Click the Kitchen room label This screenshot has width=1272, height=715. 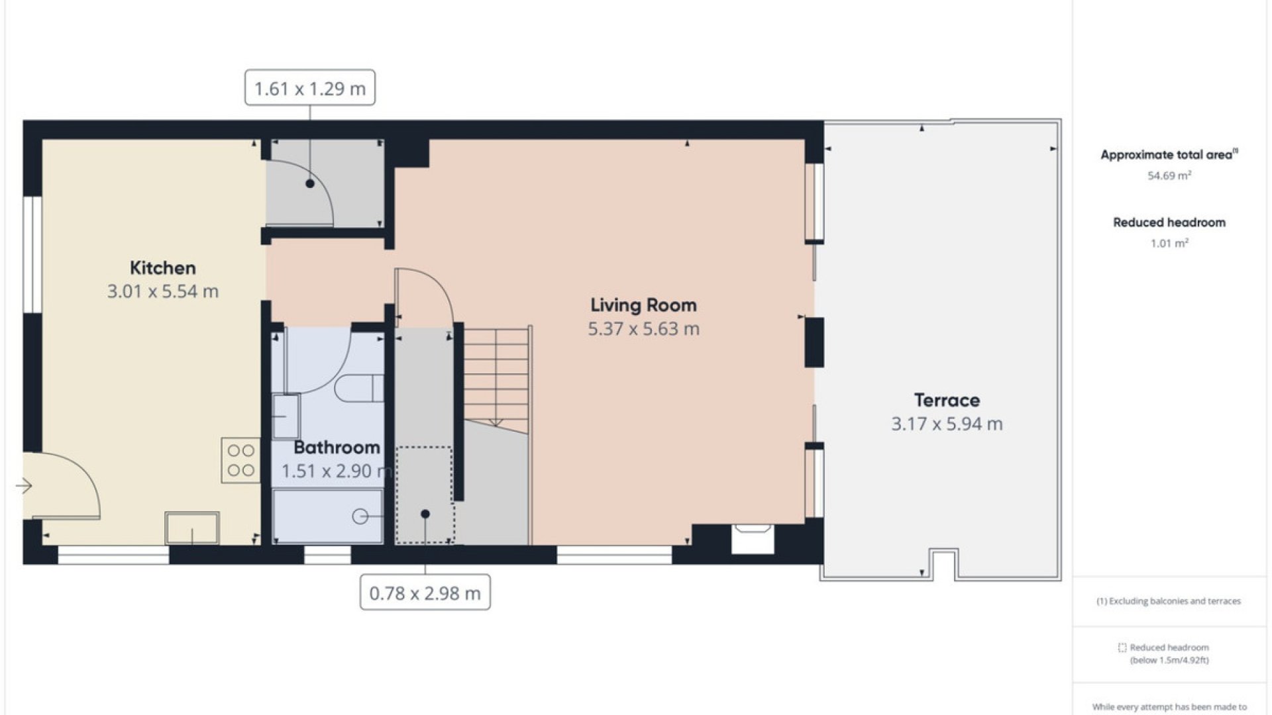click(x=163, y=268)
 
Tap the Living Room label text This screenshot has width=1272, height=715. click(x=643, y=305)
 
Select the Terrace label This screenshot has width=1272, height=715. click(x=947, y=400)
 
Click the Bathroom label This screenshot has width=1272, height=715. click(x=337, y=448)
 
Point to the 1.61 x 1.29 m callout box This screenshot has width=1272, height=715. click(x=310, y=88)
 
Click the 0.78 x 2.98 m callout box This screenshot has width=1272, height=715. click(x=425, y=593)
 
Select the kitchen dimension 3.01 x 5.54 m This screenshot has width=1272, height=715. click(x=163, y=291)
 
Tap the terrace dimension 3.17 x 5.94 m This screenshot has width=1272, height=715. click(x=947, y=424)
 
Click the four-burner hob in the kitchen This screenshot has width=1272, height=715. click(x=240, y=460)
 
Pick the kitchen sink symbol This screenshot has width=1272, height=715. click(x=192, y=528)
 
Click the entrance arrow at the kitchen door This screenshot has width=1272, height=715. click(x=24, y=487)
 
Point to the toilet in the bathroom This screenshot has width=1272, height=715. click(x=358, y=388)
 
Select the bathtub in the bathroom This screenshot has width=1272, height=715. click(x=328, y=516)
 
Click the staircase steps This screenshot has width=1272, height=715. click(x=497, y=377)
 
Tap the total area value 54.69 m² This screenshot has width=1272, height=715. click(x=1169, y=175)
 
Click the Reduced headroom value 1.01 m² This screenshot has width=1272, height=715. click(x=1169, y=243)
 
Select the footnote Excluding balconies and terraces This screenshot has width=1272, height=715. click(x=1169, y=601)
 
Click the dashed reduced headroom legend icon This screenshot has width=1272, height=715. click(x=1122, y=647)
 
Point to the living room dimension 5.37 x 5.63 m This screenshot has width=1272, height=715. click(x=643, y=329)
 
